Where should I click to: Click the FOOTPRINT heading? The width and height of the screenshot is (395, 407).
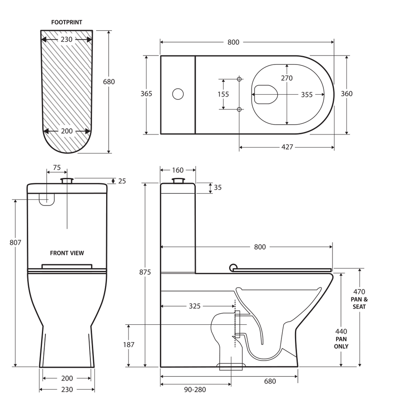pos(67,22)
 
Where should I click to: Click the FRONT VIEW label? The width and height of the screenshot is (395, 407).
pos(67,253)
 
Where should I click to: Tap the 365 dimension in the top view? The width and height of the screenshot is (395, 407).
pos(146,94)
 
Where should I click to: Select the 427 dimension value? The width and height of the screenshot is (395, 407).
pos(287,147)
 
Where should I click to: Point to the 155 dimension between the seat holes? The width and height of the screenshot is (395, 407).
pos(223,94)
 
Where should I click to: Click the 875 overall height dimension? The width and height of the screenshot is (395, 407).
pos(145,272)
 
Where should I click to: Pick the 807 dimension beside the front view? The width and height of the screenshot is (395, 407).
pos(15,243)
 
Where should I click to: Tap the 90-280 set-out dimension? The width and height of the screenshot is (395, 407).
pos(195,390)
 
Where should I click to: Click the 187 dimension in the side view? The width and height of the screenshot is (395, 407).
pos(129,345)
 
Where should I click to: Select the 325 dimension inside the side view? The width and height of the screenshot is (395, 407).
pos(195,306)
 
